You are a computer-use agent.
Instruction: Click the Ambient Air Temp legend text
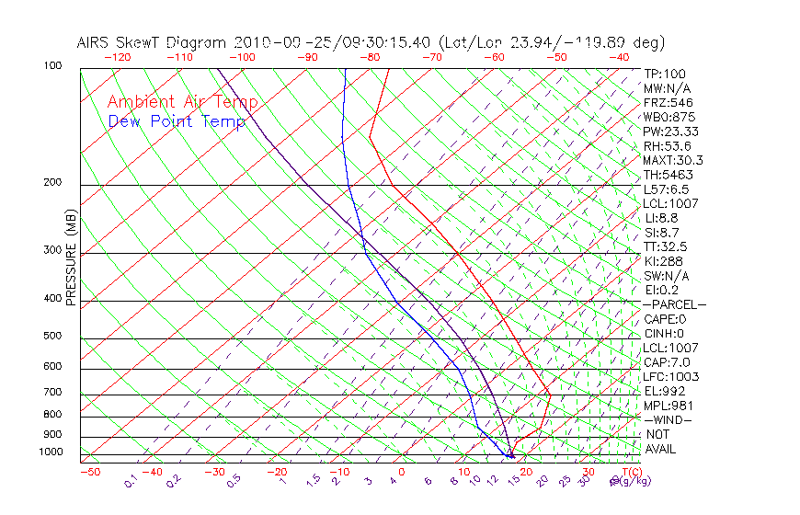pos(182,102)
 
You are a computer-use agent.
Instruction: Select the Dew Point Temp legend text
pos(177,121)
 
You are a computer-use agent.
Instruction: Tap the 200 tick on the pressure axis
pos(53,182)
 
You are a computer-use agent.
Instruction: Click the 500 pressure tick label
pos(53,336)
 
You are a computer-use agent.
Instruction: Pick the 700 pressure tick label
pos(53,393)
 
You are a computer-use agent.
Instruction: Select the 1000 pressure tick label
pos(51,452)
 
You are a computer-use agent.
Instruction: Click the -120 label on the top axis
pos(117,57)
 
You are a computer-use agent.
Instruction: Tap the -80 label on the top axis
pos(370,57)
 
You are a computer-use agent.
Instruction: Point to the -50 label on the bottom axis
pos(89,473)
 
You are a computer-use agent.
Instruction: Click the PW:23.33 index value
pos(671,132)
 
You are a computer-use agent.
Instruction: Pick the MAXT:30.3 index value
pos(674,160)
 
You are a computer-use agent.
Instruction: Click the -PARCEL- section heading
pos(674,304)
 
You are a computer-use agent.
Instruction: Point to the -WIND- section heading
pos(669,419)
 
